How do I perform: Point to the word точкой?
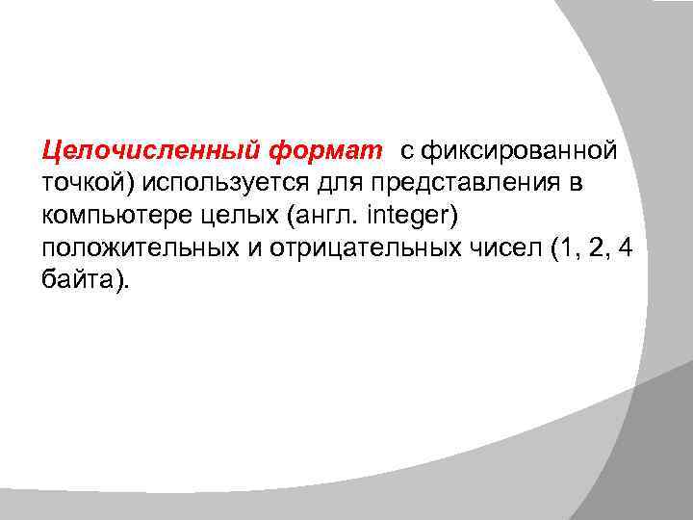[81, 184]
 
